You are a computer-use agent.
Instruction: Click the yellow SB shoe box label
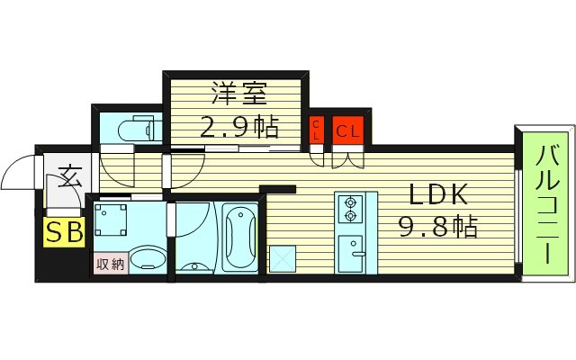65,233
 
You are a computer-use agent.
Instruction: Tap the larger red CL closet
348,130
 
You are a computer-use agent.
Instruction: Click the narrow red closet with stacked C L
318,130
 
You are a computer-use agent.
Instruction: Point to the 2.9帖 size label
238,127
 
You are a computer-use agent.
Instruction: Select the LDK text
438,194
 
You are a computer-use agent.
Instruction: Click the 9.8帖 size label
438,226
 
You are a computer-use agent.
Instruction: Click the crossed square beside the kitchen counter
282,256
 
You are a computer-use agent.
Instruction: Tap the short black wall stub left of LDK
278,188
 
